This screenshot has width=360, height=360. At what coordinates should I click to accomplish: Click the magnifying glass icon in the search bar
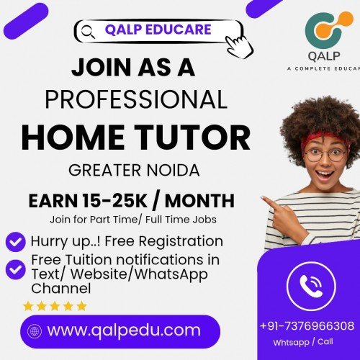point(89,31)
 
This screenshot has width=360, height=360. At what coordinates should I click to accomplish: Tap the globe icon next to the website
point(33,331)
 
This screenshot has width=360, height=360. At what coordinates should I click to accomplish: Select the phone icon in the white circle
point(311,282)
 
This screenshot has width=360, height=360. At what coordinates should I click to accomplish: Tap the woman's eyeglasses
point(324,153)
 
